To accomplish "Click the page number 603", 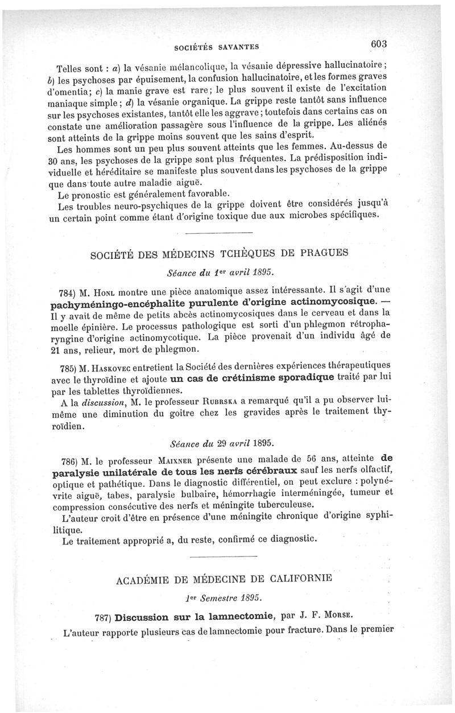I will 378,44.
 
